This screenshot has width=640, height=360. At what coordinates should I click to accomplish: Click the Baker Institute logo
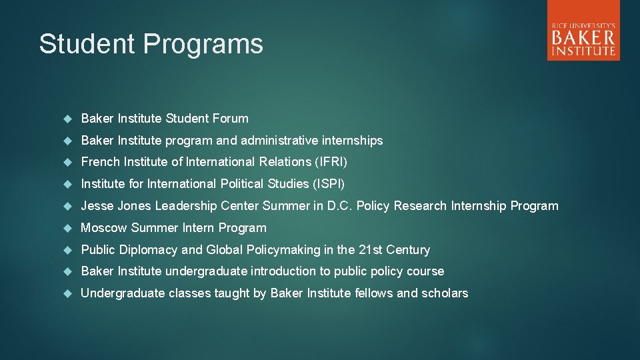pos(583,31)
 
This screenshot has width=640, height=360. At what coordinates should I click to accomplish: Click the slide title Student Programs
pos(151,44)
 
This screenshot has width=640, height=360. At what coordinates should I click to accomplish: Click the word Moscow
pos(104,228)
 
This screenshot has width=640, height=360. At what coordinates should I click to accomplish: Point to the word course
pos(425,271)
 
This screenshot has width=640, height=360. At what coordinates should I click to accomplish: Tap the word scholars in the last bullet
pos(445,293)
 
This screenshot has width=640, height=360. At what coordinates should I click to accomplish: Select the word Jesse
pos(97,206)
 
